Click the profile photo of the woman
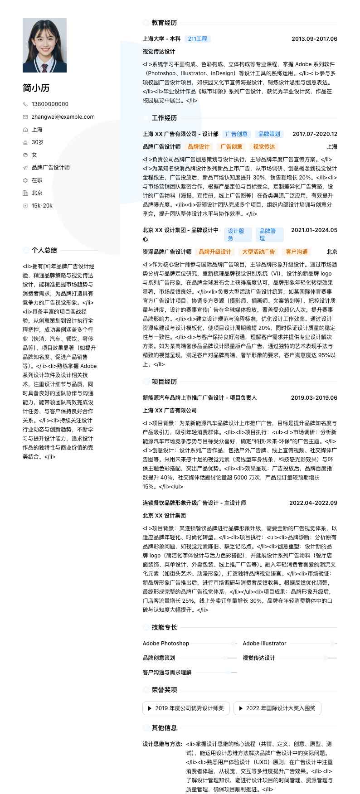coord(44,45)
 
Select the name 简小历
coord(36,88)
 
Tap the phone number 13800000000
coord(50,104)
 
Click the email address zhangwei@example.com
coord(63,117)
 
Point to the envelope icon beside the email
coord(25,117)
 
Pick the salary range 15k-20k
coord(42,206)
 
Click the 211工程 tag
coord(197,39)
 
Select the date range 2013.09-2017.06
coord(314,39)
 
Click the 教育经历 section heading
coord(164,23)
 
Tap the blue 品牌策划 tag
coord(269,134)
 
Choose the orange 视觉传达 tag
coord(264,147)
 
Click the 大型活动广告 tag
coord(258,252)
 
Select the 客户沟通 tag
coord(297,252)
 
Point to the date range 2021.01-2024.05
coord(314,230)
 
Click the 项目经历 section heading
coord(164,382)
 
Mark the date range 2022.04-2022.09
coord(313,503)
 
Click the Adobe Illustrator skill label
coord(264,644)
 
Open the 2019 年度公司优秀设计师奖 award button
coord(186,708)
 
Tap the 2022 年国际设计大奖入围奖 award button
coord(277,708)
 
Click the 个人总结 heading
coord(44,250)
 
